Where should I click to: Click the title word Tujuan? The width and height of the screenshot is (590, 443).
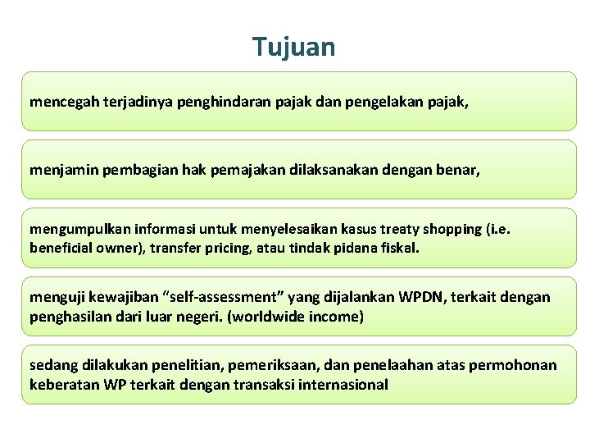pyautogui.click(x=294, y=47)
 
